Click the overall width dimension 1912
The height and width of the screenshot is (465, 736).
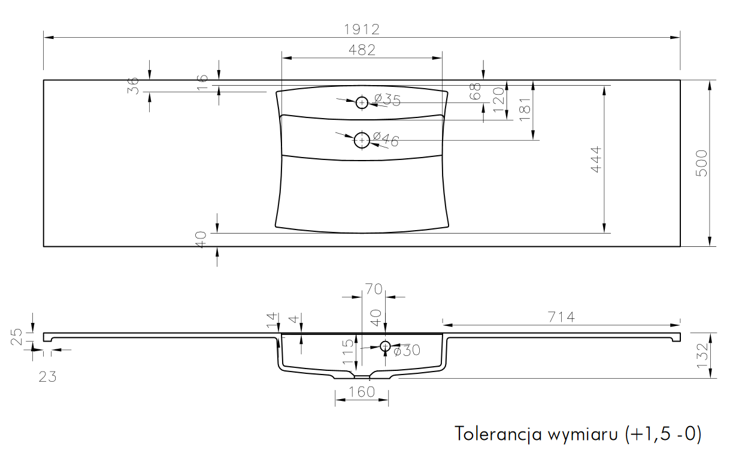[362, 29]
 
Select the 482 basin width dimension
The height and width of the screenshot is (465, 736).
[362, 50]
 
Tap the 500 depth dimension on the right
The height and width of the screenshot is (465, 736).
[701, 163]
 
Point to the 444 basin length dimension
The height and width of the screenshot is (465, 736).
[596, 159]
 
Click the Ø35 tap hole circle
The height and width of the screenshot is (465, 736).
[362, 97]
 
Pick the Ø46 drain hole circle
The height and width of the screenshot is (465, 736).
[362, 133]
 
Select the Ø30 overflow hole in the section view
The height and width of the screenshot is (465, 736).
[385, 342]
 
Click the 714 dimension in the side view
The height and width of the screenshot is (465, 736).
[561, 318]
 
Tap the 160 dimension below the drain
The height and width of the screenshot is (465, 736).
[362, 392]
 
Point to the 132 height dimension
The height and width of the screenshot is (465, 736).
[702, 355]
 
